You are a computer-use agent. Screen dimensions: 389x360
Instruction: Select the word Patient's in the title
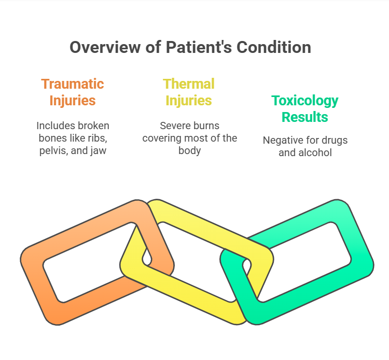pos(199,47)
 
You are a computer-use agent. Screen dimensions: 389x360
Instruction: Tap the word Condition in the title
pos(274,47)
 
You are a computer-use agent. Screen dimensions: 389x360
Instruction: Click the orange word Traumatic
pos(73,84)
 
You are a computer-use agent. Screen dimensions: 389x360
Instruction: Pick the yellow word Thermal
pos(189,84)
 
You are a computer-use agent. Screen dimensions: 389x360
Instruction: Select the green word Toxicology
pos(305,101)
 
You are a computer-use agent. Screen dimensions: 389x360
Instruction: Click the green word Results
pos(305,117)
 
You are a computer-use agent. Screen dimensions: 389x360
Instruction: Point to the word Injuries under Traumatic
pos(73,101)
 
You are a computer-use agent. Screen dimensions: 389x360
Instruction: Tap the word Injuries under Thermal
pos(189,101)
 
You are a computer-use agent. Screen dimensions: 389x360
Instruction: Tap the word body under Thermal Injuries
pos(189,151)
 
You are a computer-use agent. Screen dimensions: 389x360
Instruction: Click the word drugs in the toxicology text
pos(335,141)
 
